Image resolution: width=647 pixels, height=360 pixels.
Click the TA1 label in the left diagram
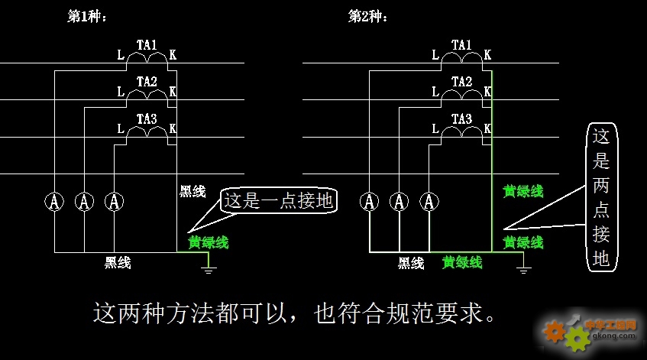pyautogui.click(x=147, y=44)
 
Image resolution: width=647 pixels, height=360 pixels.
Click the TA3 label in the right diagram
pyautogui.click(x=461, y=119)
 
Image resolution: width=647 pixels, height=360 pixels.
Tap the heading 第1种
pyautogui.click(x=86, y=17)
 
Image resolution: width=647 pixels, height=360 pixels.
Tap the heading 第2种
pyautogui.click(x=367, y=17)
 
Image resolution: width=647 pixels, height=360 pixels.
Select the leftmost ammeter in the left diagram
pyautogui.click(x=54, y=202)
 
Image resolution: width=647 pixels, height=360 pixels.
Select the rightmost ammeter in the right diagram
pyautogui.click(x=429, y=202)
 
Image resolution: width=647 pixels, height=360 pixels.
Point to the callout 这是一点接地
pyautogui.click(x=279, y=201)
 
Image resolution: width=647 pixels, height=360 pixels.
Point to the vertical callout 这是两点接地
pyautogui.click(x=602, y=197)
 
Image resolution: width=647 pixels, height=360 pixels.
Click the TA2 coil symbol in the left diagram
pyautogui.click(x=147, y=95)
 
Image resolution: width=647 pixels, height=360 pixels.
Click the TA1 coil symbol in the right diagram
pyautogui.click(x=461, y=58)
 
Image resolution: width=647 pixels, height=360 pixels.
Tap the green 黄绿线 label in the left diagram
pyautogui.click(x=209, y=242)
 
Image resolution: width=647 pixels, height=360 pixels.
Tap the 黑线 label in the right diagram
pyautogui.click(x=411, y=263)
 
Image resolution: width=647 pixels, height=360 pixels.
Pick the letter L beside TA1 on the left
pyautogui.click(x=121, y=54)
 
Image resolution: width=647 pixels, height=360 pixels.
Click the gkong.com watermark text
pyautogui.click(x=613, y=336)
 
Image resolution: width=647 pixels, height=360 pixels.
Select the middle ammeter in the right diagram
pyautogui.click(x=400, y=202)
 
